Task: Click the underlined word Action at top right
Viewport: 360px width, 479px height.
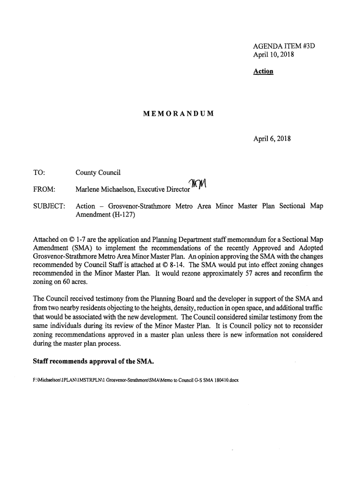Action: [x=263, y=72]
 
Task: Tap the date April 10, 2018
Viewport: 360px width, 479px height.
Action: [x=273, y=55]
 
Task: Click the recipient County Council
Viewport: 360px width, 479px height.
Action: [x=98, y=173]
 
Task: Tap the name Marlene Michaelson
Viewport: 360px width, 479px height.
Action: [x=107, y=189]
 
